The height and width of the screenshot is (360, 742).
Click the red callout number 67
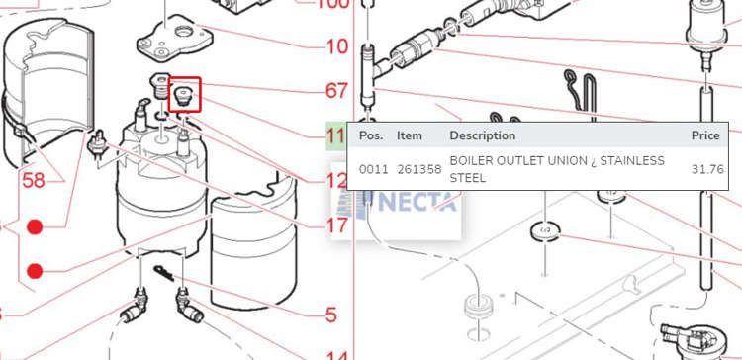pyautogui.click(x=336, y=90)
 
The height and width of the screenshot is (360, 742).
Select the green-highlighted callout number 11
pyautogui.click(x=336, y=136)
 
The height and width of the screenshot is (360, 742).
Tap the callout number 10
pyautogui.click(x=336, y=46)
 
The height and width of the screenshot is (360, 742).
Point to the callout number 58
pyautogui.click(x=34, y=180)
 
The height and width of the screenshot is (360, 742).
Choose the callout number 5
pyautogui.click(x=330, y=315)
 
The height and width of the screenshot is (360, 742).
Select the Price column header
pyautogui.click(x=705, y=135)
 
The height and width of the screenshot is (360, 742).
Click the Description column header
pyautogui.click(x=482, y=135)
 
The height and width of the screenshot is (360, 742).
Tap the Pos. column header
pyautogui.click(x=371, y=135)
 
